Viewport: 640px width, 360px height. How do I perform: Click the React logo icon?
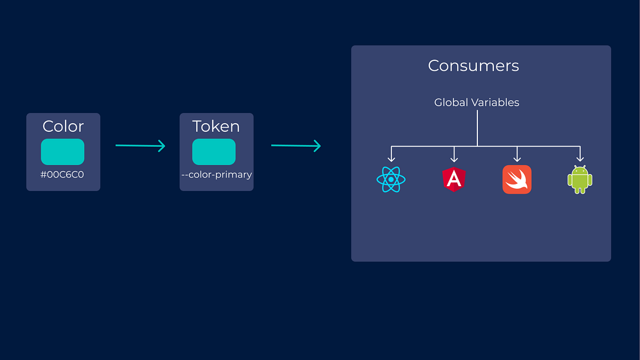pyautogui.click(x=391, y=180)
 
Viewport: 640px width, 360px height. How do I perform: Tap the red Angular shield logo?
pyautogui.click(x=454, y=180)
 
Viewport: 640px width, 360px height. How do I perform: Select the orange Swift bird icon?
pyautogui.click(x=517, y=179)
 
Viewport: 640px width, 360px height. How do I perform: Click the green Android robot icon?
pyautogui.click(x=580, y=180)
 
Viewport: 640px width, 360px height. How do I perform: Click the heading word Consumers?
pyautogui.click(x=473, y=66)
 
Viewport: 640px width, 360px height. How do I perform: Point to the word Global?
pyautogui.click(x=451, y=102)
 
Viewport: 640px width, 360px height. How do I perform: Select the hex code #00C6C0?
pyautogui.click(x=63, y=174)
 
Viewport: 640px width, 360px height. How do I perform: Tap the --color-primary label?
pyautogui.click(x=217, y=174)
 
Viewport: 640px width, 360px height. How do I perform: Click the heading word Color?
pyautogui.click(x=63, y=126)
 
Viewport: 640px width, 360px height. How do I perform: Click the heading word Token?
pyautogui.click(x=216, y=126)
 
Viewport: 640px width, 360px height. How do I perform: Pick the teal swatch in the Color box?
pyautogui.click(x=62, y=151)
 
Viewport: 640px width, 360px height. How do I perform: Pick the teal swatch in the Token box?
pyautogui.click(x=214, y=151)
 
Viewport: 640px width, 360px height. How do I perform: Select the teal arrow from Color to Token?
pyautogui.click(x=140, y=145)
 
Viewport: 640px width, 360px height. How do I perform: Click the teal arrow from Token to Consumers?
pyautogui.click(x=296, y=145)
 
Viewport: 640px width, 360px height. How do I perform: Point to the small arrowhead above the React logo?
pyautogui.click(x=391, y=158)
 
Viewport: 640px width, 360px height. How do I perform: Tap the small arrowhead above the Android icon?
pyautogui.click(x=580, y=158)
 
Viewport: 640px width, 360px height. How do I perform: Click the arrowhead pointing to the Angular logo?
pyautogui.click(x=454, y=158)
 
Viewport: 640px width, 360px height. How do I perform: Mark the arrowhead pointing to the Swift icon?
pyautogui.click(x=517, y=158)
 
